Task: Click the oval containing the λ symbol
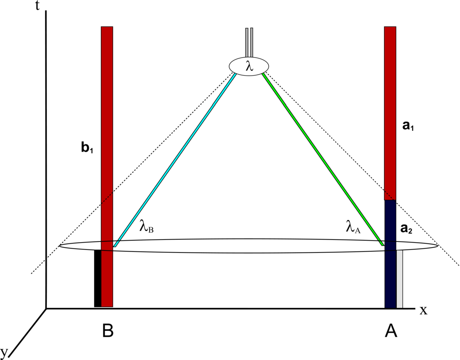point(249,66)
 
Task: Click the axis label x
point(423,310)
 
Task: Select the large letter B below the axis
point(108,331)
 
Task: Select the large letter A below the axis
point(391,331)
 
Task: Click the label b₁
point(87,149)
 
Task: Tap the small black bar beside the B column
point(98,278)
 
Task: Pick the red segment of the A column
point(390,112)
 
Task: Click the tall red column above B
point(107,125)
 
